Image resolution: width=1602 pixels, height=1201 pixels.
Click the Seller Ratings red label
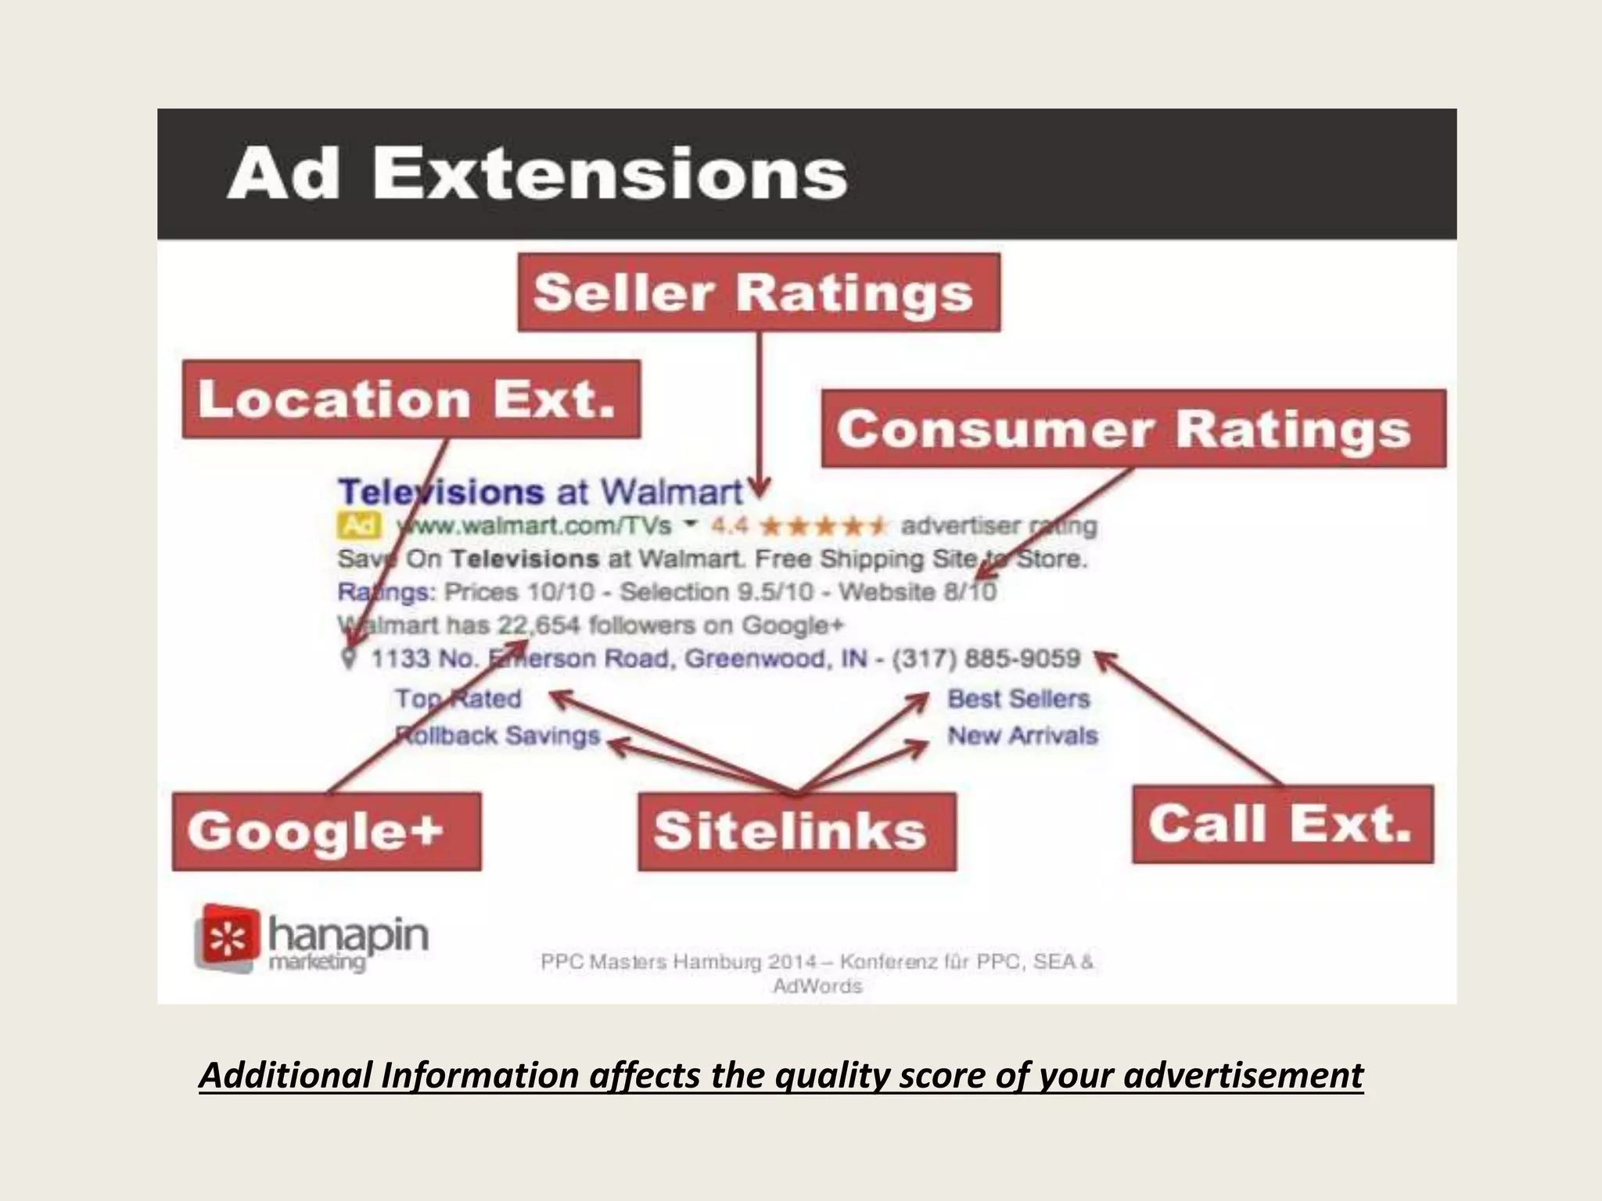click(x=758, y=292)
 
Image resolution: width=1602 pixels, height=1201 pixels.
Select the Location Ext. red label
click(x=411, y=399)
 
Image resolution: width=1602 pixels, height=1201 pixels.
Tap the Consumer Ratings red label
click(x=1133, y=428)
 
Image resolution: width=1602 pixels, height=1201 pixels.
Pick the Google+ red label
click(x=326, y=830)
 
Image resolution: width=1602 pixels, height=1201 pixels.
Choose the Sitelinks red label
click(x=796, y=830)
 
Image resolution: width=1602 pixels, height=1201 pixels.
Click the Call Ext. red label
click(x=1282, y=824)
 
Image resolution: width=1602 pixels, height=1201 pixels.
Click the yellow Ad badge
click(x=359, y=525)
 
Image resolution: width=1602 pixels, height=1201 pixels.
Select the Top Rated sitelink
click(x=458, y=698)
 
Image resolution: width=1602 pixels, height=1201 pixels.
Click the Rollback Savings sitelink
click(x=497, y=735)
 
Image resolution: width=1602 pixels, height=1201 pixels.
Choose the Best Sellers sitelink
click(x=1018, y=698)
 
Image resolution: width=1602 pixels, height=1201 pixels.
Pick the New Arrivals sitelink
click(x=1022, y=735)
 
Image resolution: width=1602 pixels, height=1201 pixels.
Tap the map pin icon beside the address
click(x=350, y=658)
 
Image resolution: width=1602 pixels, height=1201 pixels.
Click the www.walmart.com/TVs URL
click(x=534, y=525)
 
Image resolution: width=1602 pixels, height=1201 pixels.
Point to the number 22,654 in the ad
click(x=539, y=625)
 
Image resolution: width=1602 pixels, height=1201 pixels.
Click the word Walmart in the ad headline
click(x=670, y=492)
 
